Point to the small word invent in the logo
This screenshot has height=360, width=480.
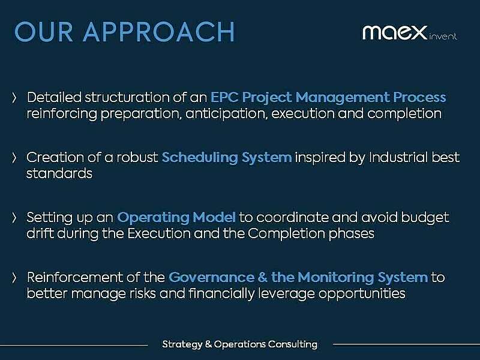click(443, 37)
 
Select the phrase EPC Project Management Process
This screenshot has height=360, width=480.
click(328, 97)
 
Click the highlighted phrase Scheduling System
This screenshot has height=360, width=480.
click(227, 157)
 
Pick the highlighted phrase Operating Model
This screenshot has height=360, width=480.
click(176, 217)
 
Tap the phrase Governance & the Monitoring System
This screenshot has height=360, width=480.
click(298, 277)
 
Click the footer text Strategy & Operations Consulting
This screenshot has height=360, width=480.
click(239, 344)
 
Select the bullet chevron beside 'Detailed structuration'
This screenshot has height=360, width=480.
click(15, 97)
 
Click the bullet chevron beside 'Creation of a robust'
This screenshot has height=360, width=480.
click(15, 158)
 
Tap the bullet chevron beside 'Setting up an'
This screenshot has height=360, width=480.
click(15, 218)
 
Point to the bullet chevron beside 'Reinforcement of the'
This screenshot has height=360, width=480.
click(15, 278)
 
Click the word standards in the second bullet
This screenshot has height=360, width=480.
click(59, 173)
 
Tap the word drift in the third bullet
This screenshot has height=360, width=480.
click(40, 233)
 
